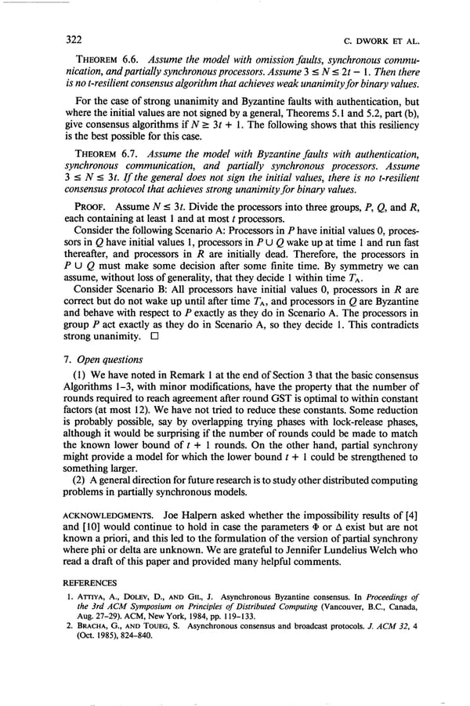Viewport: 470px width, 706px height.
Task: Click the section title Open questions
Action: [107, 360]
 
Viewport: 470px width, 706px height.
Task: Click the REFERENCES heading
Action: [89, 582]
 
